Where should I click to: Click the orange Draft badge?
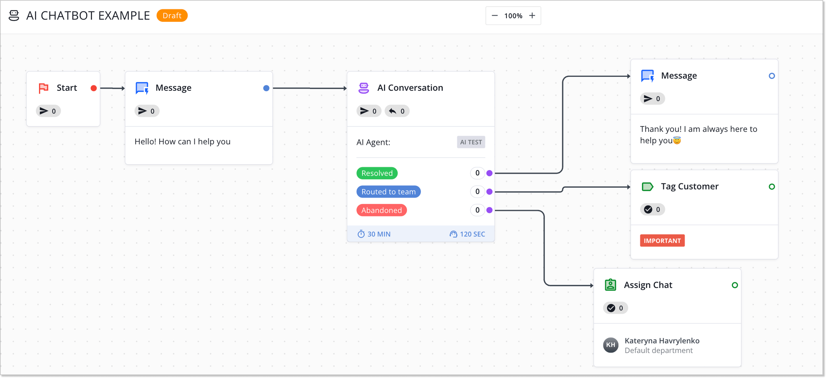click(x=172, y=16)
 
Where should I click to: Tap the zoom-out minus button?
click(x=495, y=16)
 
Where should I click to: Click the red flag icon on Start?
click(x=44, y=88)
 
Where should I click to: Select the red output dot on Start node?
click(x=94, y=88)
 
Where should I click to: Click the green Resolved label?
click(x=377, y=173)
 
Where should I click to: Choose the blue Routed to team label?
click(x=388, y=192)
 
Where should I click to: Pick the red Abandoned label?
click(x=382, y=210)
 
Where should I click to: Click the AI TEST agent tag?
click(x=471, y=142)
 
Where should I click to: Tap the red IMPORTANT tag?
click(x=662, y=241)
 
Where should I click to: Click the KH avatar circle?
click(x=611, y=345)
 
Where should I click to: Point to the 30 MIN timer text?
click(x=379, y=234)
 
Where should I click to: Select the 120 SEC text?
click(x=472, y=234)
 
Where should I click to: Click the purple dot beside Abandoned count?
click(x=490, y=210)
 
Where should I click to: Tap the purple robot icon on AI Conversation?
click(x=364, y=88)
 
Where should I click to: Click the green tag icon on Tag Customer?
click(x=647, y=186)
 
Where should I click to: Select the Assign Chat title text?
click(x=648, y=285)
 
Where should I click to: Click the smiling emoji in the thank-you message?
click(x=677, y=141)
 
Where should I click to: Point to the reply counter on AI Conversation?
click(x=397, y=111)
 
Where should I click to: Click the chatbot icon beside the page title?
click(x=14, y=16)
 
